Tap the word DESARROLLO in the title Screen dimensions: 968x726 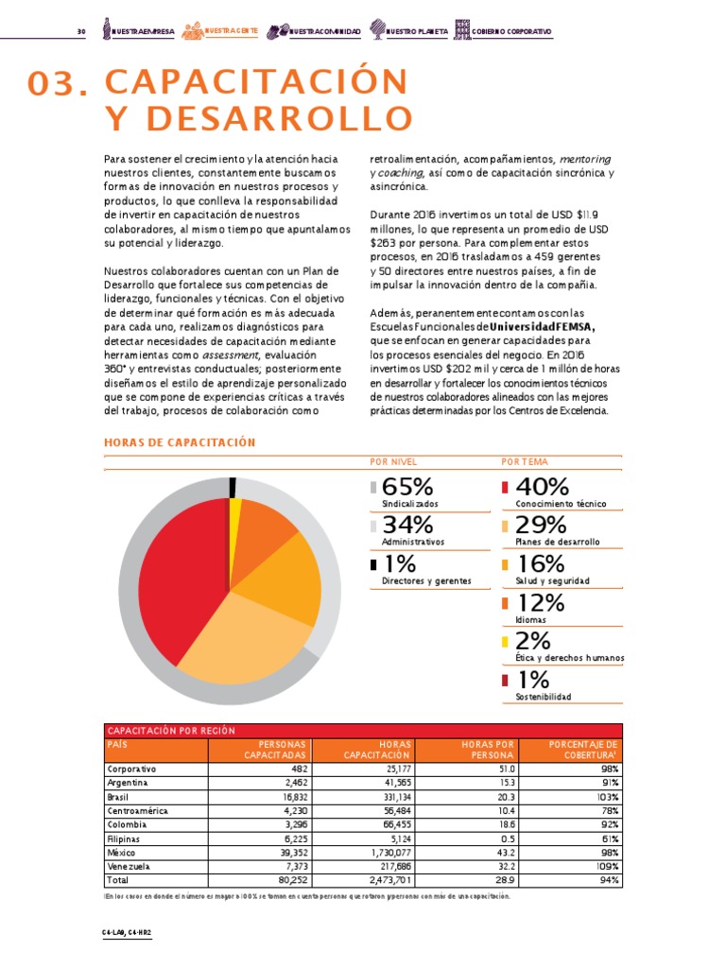(x=258, y=119)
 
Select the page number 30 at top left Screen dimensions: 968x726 (x=81, y=32)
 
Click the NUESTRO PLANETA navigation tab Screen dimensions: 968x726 (x=417, y=32)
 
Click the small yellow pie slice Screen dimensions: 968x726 (x=235, y=515)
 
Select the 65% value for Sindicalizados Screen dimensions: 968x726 (x=407, y=487)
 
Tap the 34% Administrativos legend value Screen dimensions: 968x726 (x=407, y=525)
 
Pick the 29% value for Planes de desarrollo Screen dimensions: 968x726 (x=541, y=525)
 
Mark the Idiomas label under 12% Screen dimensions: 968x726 (x=530, y=619)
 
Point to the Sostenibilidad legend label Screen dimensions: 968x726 (x=543, y=697)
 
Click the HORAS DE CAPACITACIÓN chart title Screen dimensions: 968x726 (x=180, y=442)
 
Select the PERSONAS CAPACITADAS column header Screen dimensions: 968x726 (x=275, y=750)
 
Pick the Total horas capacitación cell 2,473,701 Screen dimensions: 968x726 (x=384, y=880)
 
